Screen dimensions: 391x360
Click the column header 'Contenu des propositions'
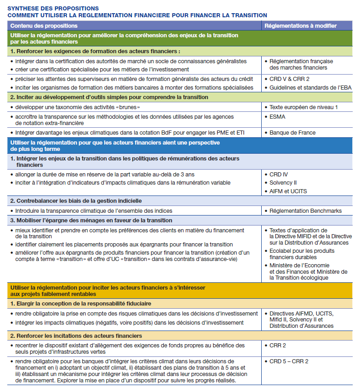click(44, 26)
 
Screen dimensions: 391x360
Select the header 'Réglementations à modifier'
click(300, 26)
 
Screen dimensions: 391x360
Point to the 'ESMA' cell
click(278, 116)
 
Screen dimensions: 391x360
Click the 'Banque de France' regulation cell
click(292, 133)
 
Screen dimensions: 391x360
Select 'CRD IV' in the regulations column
click(279, 175)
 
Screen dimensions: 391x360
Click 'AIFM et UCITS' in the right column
click(288, 191)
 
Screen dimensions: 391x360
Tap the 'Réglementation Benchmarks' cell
click(305, 211)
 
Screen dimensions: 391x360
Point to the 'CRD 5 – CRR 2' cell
click(289, 361)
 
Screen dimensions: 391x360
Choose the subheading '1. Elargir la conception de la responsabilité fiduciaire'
click(81, 303)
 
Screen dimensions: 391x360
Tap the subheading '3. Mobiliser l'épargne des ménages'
click(91, 221)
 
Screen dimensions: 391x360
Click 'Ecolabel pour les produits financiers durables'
click(302, 254)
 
